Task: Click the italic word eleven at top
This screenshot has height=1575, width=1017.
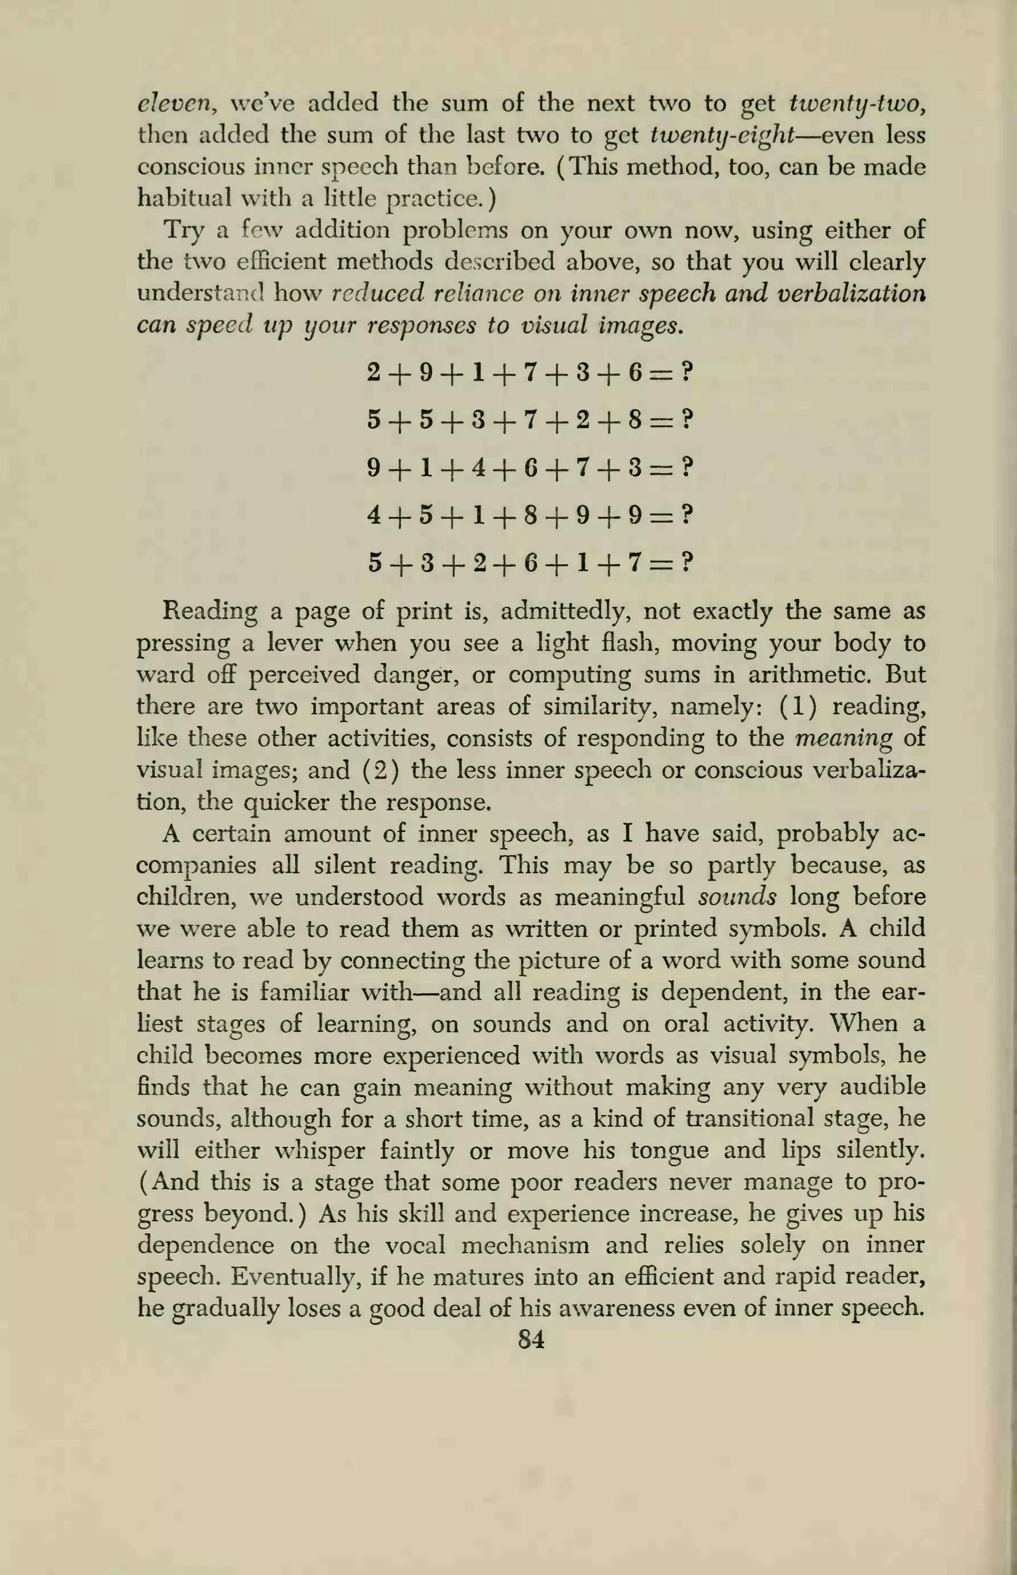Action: coord(174,104)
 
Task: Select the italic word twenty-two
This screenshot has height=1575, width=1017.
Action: coord(857,104)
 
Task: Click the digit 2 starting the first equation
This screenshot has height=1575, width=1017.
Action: coord(374,374)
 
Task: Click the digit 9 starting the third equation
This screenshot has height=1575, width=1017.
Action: coord(374,468)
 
